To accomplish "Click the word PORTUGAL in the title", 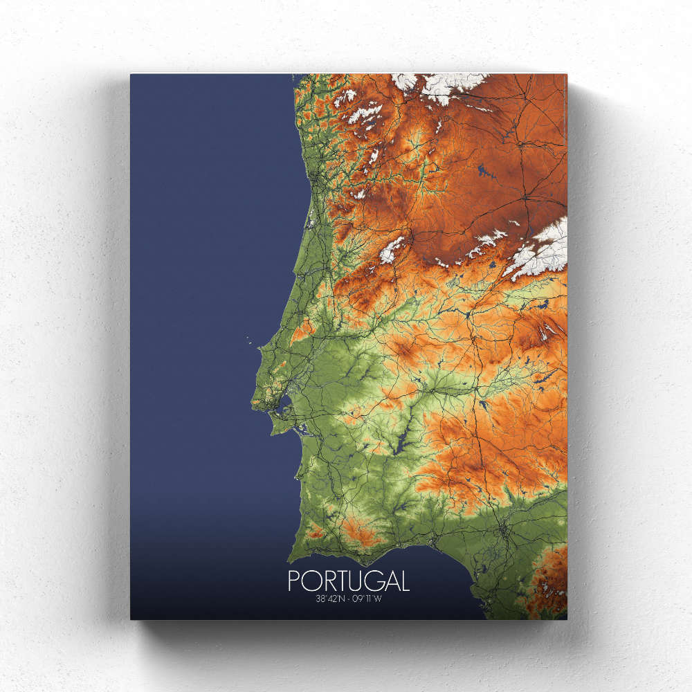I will pyautogui.click(x=348, y=580).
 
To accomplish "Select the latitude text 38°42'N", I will pyautogui.click(x=330, y=599).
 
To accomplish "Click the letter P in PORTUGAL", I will pyautogui.click(x=293, y=580).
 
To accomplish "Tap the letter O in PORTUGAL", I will pyautogui.click(x=309, y=580).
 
